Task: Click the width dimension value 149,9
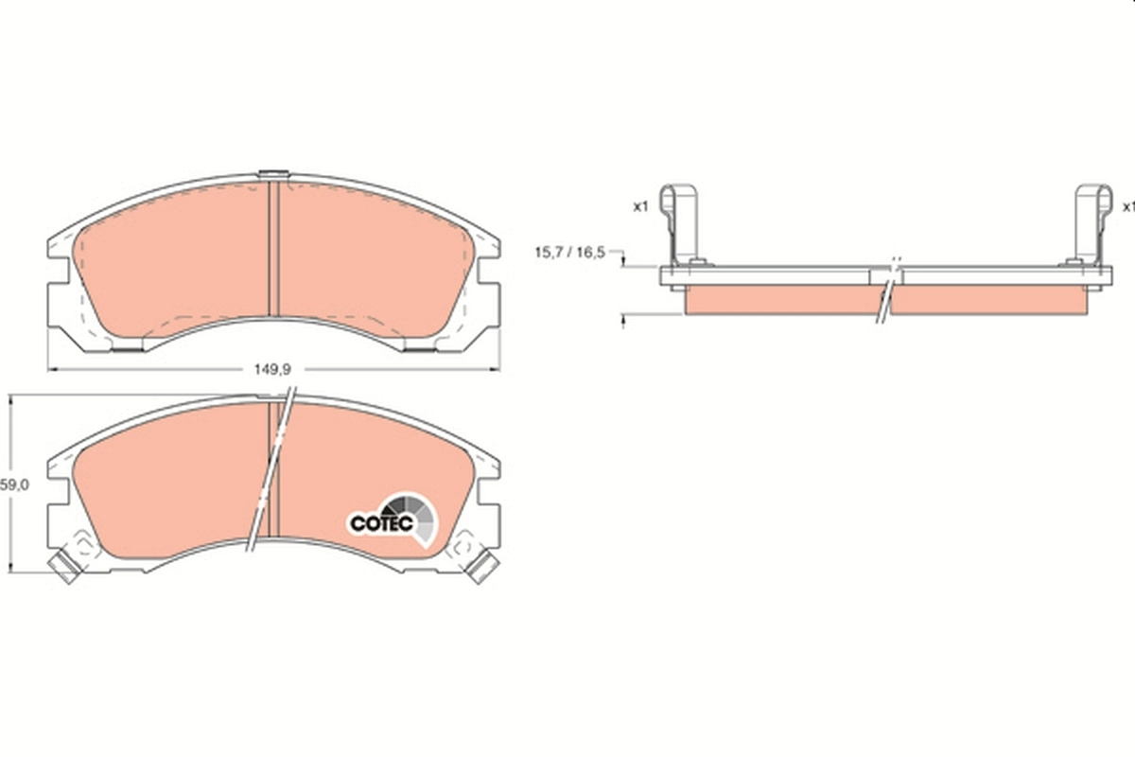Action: pyautogui.click(x=272, y=371)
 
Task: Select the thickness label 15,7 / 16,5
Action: pyautogui.click(x=569, y=253)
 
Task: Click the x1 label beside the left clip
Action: pyautogui.click(x=640, y=206)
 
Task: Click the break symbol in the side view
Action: pyautogui.click(x=888, y=289)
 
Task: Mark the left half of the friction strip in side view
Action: pyautogui.click(x=780, y=300)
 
